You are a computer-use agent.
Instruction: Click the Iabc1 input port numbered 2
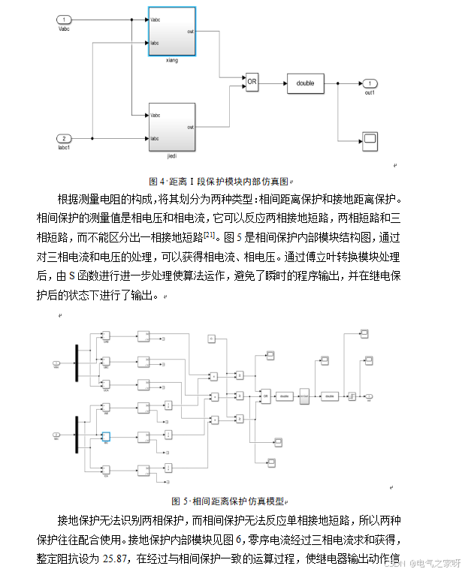click(x=65, y=139)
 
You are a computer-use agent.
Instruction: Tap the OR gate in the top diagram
click(x=252, y=82)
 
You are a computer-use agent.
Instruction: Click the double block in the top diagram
click(x=305, y=83)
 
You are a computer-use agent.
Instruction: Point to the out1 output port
click(x=369, y=83)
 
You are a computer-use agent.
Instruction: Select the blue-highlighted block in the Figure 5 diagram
click(x=106, y=436)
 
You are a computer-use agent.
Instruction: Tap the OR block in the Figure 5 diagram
click(x=264, y=395)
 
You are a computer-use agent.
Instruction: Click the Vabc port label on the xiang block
click(x=156, y=20)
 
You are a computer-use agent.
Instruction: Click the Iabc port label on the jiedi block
click(x=155, y=139)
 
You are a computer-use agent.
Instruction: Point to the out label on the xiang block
click(x=190, y=32)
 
